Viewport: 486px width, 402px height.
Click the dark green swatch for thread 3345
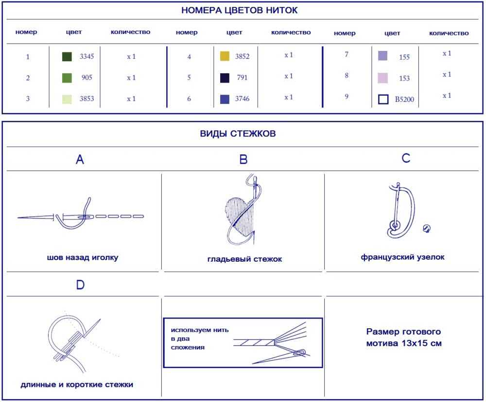(67, 57)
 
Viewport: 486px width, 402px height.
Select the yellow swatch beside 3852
(225, 56)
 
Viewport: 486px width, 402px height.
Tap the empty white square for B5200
(383, 99)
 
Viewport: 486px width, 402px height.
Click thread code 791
(243, 77)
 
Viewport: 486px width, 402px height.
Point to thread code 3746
(242, 99)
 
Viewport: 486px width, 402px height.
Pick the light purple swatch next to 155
(383, 56)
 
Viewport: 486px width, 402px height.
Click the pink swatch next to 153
(383, 78)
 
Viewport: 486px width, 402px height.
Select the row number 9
(347, 96)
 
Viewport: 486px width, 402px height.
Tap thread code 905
(87, 77)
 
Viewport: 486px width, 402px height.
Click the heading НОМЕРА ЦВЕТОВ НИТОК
(240, 11)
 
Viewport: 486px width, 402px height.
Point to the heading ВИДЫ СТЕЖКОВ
(238, 134)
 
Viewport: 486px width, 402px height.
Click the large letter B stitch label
(243, 160)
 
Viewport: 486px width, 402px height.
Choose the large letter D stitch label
(80, 285)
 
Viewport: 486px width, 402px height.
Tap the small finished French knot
(427, 229)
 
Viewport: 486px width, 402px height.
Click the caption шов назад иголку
(83, 258)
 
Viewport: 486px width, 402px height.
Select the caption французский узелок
(402, 257)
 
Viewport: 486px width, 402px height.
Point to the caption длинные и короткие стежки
(77, 385)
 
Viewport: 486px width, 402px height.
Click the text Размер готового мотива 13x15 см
(404, 337)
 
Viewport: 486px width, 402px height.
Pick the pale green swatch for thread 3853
(67, 99)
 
